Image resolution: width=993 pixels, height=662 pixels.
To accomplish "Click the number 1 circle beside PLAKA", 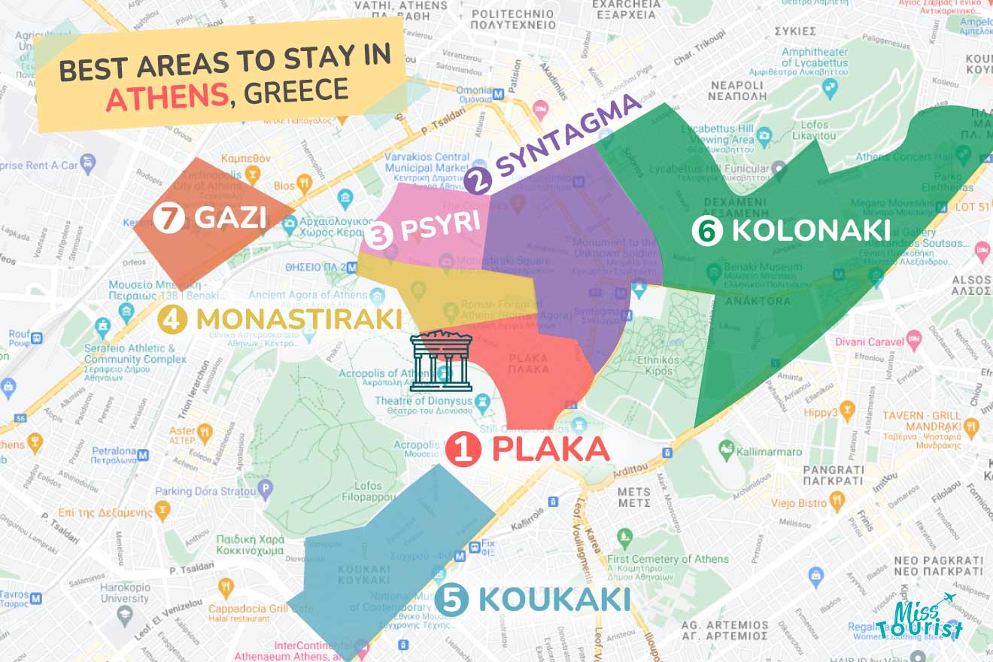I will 463,449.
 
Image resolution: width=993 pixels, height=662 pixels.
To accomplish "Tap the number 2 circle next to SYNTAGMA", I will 478,180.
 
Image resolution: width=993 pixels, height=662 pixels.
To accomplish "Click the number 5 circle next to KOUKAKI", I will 451,600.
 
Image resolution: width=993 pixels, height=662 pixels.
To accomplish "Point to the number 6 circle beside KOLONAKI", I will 707,231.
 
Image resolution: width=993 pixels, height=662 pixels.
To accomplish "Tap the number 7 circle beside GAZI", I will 167,218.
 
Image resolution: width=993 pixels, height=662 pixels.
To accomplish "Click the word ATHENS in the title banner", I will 167,96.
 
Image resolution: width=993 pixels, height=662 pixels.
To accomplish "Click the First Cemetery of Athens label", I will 668,559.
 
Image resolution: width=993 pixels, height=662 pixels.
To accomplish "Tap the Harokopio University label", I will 125,592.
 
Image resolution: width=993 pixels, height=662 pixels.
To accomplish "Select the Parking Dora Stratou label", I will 205,491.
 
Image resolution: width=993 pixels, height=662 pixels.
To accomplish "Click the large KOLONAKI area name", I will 811,231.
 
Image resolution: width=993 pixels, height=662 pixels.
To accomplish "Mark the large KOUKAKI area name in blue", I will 554,600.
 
